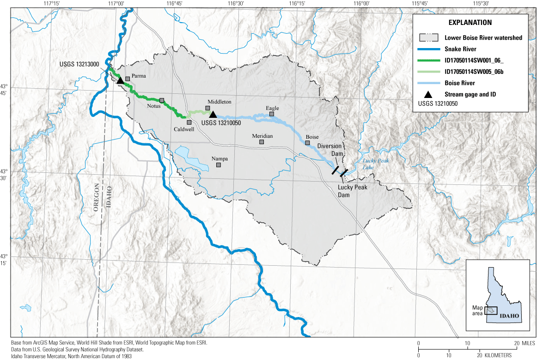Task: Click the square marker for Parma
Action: (128, 79)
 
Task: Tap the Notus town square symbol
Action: (162, 100)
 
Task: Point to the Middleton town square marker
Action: (208, 108)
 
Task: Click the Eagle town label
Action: (272, 108)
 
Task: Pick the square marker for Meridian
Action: (262, 142)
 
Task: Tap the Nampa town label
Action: (219, 159)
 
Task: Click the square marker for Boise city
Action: (307, 143)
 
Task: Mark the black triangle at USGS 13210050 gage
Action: (213, 114)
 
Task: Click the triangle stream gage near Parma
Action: (120, 80)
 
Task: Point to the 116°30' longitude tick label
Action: (235, 4)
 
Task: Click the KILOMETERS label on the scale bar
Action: (495, 355)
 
